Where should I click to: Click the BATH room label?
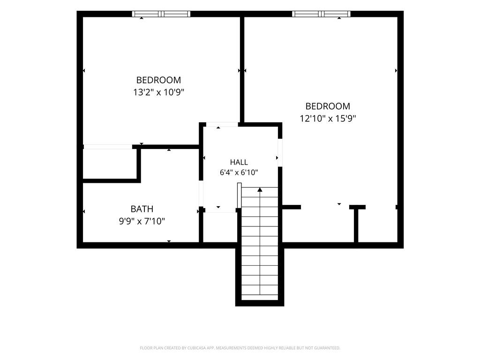pos(142,209)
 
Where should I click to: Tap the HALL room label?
pos(239,162)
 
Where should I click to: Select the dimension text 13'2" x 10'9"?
pos(158,92)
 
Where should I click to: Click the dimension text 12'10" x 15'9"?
pos(328,118)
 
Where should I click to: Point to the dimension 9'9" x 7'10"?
pos(142,221)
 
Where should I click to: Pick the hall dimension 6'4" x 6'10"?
pos(239,172)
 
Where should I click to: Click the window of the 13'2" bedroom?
pos(161,14)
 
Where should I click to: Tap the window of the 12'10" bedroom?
pos(321,14)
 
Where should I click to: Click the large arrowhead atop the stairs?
pos(260,190)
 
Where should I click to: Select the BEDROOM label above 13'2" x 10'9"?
pos(158,80)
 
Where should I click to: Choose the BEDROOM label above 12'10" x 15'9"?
pos(328,106)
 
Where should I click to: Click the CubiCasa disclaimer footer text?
pos(240,348)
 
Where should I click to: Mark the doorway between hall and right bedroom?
pos(280,152)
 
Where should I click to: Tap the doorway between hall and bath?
pos(201,194)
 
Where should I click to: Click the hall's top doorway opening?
pos(222,124)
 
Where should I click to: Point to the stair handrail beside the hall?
pos(240,195)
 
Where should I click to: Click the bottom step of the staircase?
pos(260,297)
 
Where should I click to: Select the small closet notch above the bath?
pos(110,164)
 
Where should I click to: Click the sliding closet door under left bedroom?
pos(108,147)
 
